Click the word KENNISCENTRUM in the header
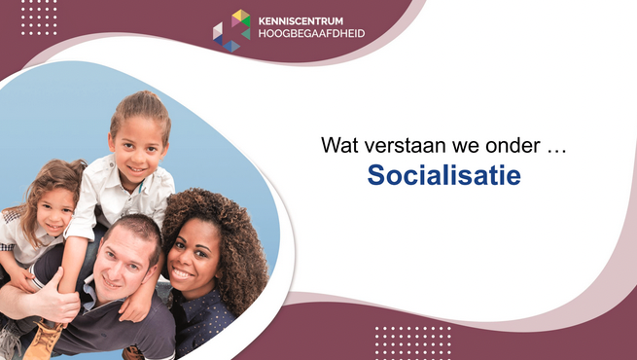pyautogui.click(x=301, y=21)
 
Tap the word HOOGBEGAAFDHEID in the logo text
pyautogui.click(x=311, y=33)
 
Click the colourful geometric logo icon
pyautogui.click(x=231, y=30)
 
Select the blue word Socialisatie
pyautogui.click(x=444, y=175)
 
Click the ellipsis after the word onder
pyautogui.click(x=556, y=151)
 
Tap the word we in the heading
pyautogui.click(x=472, y=147)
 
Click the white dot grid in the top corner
pyautogui.click(x=39, y=18)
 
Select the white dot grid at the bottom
pyautogui.click(x=412, y=342)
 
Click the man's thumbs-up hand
pyautogui.click(x=57, y=298)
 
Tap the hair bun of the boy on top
pyautogui.click(x=141, y=99)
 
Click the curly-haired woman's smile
pyautogui.click(x=182, y=273)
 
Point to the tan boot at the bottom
pyautogui.click(x=43, y=340)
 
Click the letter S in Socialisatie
pyautogui.click(x=375, y=175)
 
